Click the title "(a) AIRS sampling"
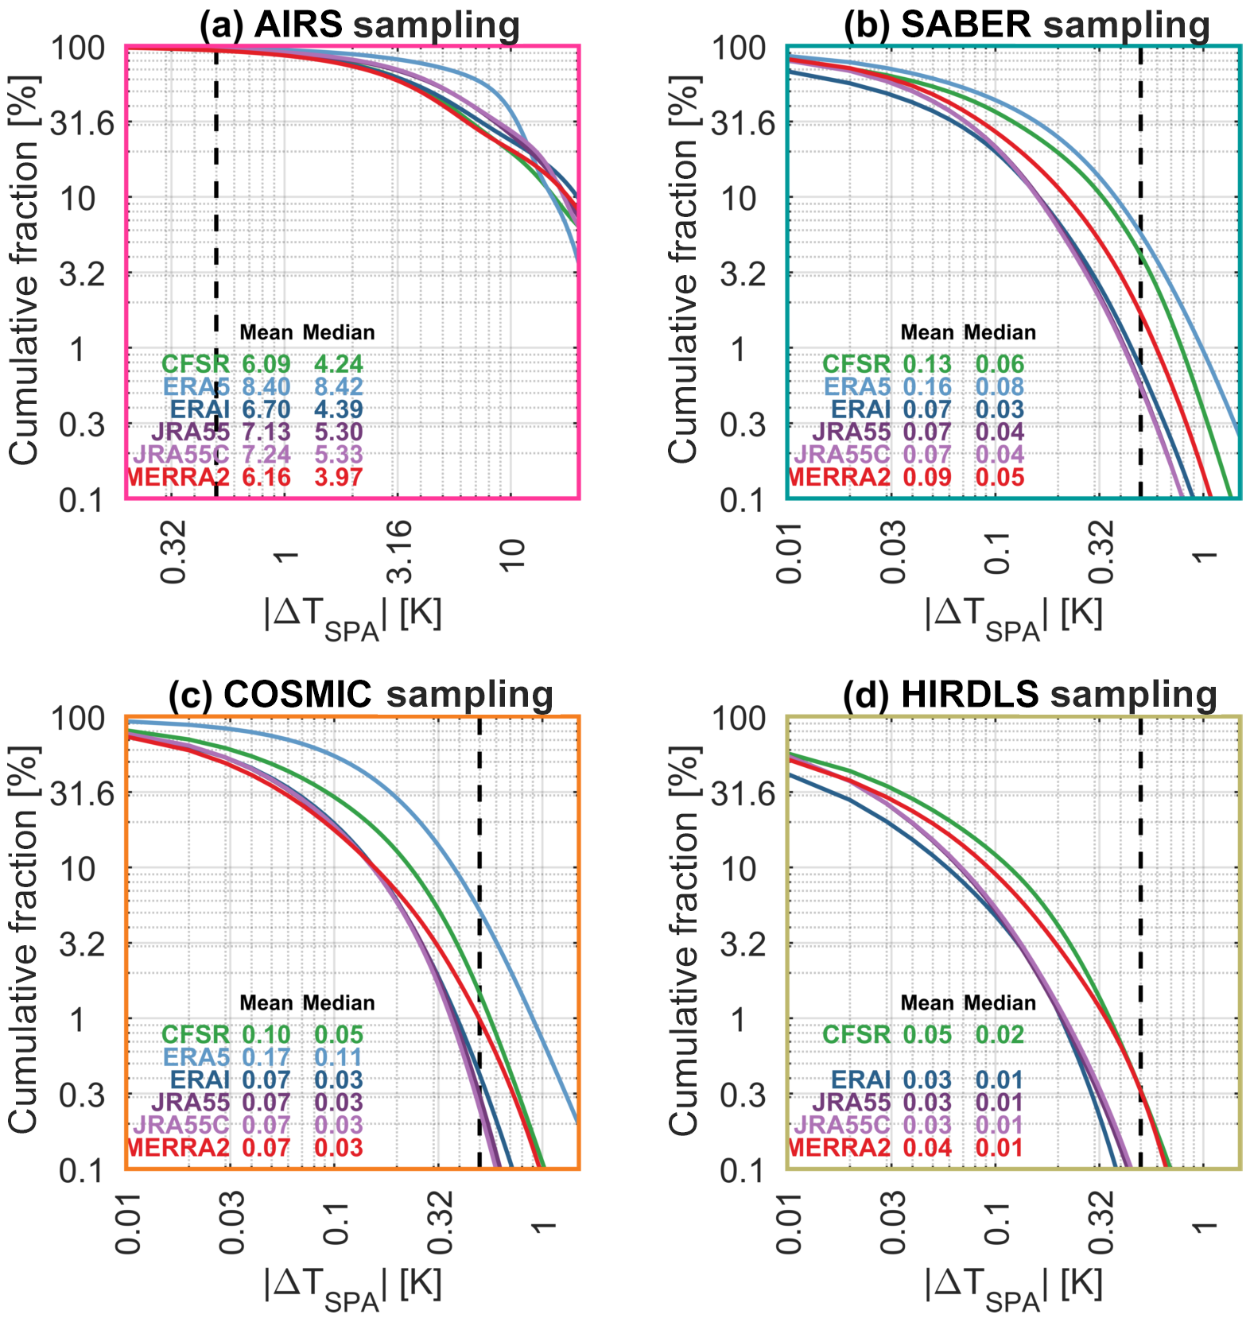coord(359,25)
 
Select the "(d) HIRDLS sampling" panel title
coord(1030,695)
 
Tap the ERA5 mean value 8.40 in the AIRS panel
coord(266,387)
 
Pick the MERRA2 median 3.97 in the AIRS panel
coord(339,478)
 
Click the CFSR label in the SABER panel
coord(856,364)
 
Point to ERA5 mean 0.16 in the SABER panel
coord(927,387)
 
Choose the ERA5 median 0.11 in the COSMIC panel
coord(339,1057)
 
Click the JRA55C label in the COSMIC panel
coord(181,1125)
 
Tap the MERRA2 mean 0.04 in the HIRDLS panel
coord(927,1148)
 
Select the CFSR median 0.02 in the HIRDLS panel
coord(1000,1035)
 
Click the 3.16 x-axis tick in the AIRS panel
coord(400,551)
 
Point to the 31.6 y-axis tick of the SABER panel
coord(743,124)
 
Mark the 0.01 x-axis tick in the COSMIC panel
coord(128,1222)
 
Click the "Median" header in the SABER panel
coord(1000,332)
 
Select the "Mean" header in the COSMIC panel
coord(266,1003)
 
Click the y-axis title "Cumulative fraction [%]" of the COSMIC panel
coord(24,940)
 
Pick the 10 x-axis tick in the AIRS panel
coord(513,551)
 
